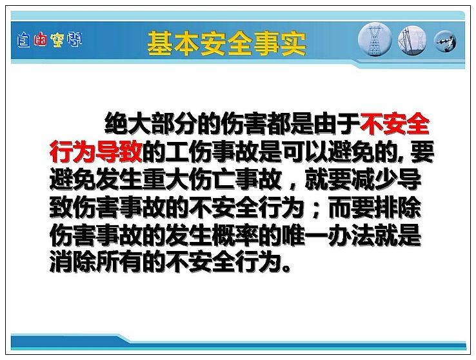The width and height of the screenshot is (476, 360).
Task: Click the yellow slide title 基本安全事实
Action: (x=226, y=43)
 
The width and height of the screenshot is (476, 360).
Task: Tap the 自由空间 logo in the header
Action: (x=50, y=40)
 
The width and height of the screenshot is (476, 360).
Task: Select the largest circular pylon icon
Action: (x=375, y=39)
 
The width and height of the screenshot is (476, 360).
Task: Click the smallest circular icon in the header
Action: (x=445, y=41)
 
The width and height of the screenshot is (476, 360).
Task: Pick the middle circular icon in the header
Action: (x=412, y=40)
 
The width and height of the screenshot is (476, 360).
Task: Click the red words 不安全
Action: (x=395, y=124)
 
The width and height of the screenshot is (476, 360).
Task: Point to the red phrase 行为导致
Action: (x=96, y=151)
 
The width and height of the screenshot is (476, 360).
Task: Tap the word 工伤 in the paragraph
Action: (x=189, y=151)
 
